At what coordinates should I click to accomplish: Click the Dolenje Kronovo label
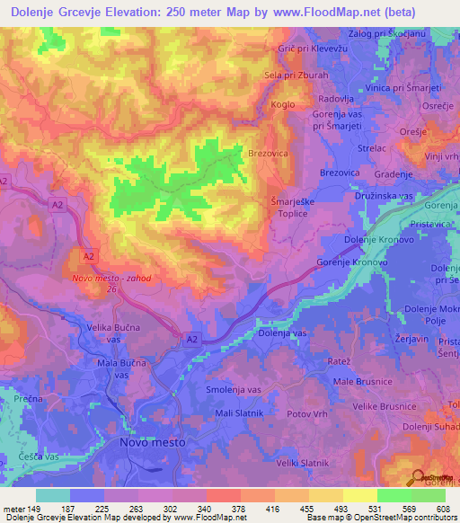click(x=381, y=242)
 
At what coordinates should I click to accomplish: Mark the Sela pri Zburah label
click(x=296, y=75)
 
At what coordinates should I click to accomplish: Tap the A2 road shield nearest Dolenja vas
click(x=192, y=339)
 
